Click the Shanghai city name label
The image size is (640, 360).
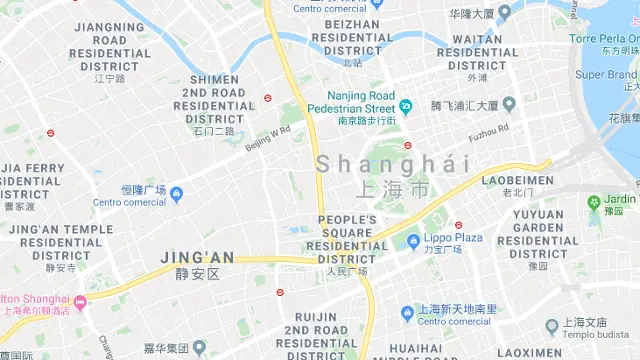393,164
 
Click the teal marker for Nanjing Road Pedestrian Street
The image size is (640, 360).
406,106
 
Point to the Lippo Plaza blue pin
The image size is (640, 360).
413,239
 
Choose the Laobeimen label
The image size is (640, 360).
517,181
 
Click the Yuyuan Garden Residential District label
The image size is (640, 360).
537,233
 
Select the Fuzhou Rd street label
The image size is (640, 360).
489,129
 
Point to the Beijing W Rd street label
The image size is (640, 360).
267,137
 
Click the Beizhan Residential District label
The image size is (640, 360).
353,37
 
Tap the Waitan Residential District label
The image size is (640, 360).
477,53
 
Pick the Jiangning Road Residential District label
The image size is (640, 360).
109,47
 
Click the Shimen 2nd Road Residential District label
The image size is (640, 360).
214,99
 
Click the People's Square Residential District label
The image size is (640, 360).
347,239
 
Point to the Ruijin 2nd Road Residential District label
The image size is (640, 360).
315,335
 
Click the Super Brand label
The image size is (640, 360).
607,75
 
